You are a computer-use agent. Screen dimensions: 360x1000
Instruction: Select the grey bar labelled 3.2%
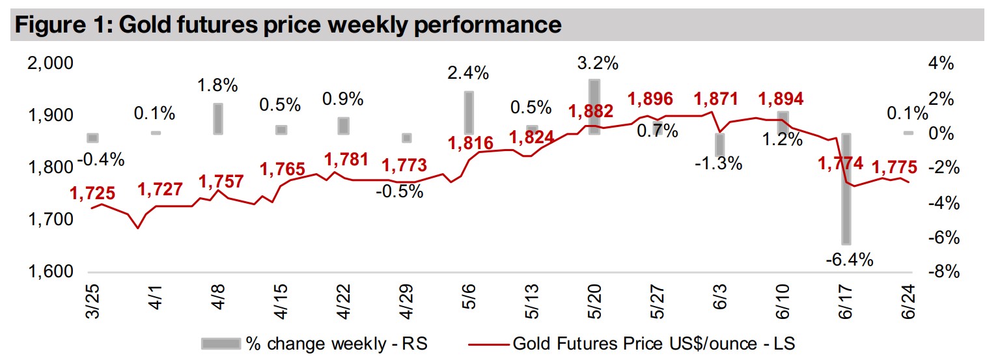click(594, 107)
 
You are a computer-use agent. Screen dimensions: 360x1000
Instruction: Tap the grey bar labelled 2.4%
click(468, 113)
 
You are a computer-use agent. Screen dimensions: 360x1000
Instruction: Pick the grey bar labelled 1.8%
click(217, 118)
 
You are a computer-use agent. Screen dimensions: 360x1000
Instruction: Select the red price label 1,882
click(591, 111)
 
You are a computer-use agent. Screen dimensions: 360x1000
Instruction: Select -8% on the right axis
click(943, 272)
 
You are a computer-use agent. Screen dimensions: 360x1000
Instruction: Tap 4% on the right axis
click(941, 64)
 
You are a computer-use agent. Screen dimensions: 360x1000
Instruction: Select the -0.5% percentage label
click(400, 191)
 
